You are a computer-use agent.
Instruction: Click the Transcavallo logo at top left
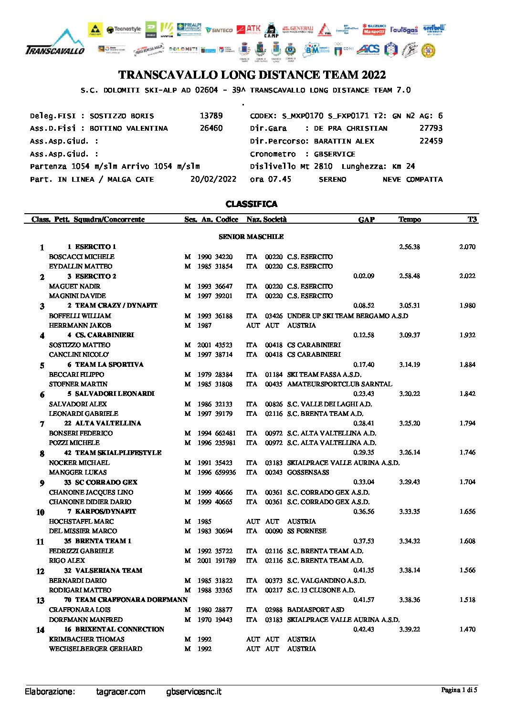point(54,43)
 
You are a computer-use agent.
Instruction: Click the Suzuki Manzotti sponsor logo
point(374,29)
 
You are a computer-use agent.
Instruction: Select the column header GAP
point(366,219)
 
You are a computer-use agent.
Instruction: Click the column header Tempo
point(410,219)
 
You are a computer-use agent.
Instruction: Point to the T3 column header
point(472,219)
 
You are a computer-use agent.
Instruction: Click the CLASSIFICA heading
point(252,204)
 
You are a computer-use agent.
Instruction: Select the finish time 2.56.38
point(410,247)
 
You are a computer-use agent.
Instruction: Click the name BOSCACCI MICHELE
point(82,257)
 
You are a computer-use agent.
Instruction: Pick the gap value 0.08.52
point(364,305)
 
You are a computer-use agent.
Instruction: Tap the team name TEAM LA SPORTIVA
point(109,364)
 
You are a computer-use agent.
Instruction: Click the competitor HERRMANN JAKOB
point(80,325)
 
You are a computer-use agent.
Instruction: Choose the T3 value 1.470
point(467,629)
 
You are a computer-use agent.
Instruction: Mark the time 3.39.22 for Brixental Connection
point(410,629)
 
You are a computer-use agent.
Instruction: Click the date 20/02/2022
point(213,179)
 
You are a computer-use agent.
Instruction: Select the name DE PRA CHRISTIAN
point(350,128)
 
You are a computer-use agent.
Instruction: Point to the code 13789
point(211,116)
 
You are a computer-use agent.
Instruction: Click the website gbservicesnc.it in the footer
point(194,692)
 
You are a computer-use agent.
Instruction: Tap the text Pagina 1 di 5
point(459,690)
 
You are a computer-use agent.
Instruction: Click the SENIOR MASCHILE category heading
point(251,237)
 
